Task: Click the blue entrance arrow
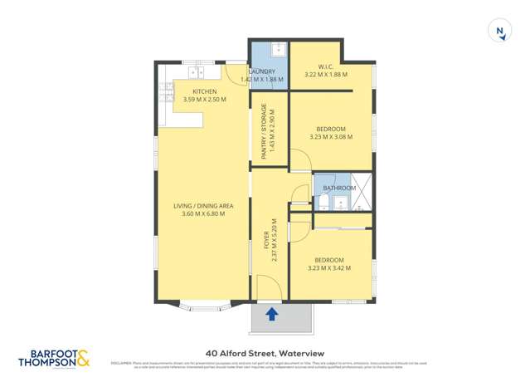[271, 313]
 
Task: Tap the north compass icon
[499, 32]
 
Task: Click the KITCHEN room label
[205, 91]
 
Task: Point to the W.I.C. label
[325, 66]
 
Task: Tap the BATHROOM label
[339, 189]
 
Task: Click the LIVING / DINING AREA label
[203, 206]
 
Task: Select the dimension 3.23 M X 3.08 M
[331, 137]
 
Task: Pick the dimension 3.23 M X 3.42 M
[329, 268]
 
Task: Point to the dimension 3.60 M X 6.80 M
[203, 214]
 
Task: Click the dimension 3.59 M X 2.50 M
[204, 100]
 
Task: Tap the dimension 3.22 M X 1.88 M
[326, 75]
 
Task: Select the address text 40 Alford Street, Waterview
[265, 352]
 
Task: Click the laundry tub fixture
[279, 50]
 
